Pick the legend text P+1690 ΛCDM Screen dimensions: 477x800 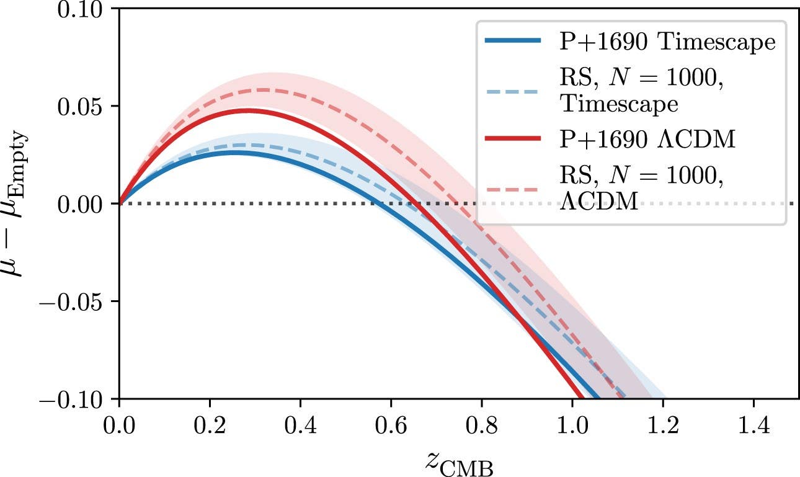coord(647,140)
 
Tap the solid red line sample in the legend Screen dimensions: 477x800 coord(513,140)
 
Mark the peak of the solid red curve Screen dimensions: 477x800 coord(248,110)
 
